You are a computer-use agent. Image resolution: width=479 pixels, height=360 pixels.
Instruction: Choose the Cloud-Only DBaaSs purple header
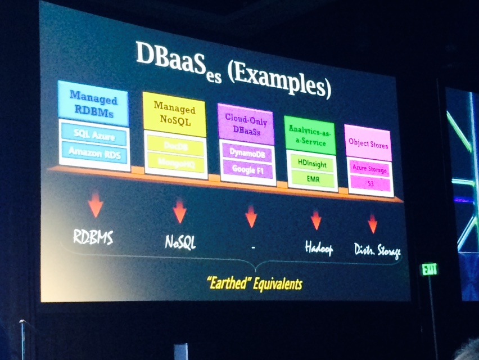click(x=246, y=124)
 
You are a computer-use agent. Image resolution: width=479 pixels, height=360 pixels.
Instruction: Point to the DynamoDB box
click(x=247, y=152)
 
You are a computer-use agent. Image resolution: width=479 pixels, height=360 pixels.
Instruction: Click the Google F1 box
click(x=248, y=169)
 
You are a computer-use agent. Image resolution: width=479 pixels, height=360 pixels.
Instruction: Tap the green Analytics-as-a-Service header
click(x=310, y=135)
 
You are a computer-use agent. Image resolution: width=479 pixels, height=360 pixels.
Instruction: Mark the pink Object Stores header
click(x=368, y=143)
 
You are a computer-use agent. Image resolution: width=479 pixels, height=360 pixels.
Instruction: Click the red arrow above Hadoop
click(x=316, y=219)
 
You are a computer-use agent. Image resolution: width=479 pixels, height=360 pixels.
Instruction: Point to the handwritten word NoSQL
click(x=180, y=242)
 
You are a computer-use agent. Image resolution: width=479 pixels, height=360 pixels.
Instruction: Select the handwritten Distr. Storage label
click(x=377, y=250)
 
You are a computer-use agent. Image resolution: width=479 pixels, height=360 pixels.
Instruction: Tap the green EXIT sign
click(x=430, y=269)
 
